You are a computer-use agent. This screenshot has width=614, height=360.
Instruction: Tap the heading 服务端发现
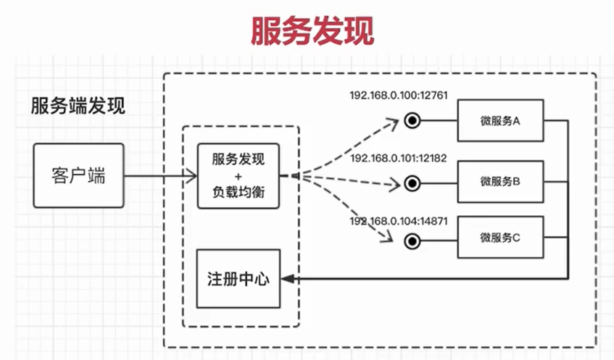point(78,106)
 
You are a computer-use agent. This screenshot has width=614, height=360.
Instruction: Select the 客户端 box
point(78,175)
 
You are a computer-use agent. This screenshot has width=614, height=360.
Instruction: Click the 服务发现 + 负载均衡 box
point(238,176)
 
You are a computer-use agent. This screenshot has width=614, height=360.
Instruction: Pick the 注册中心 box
point(238,278)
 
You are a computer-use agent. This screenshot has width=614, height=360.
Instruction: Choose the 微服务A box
point(500,121)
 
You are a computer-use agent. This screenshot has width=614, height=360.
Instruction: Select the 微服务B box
point(500,181)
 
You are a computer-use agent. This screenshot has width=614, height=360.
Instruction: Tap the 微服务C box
point(500,237)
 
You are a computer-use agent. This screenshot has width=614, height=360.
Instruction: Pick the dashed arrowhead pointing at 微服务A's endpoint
point(393,124)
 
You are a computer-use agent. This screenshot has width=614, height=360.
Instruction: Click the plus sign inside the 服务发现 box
point(238,176)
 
